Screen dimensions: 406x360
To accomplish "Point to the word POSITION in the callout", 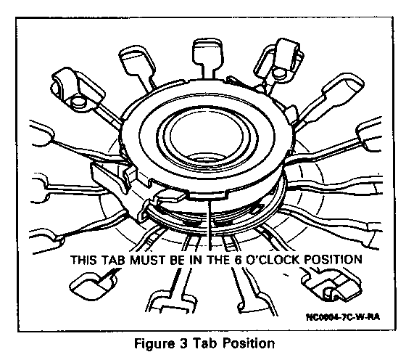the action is point(333,259).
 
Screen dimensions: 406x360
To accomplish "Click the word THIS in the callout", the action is point(83,259).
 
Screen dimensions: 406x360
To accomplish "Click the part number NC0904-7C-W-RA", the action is point(343,316).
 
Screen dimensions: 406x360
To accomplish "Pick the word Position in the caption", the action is point(249,343).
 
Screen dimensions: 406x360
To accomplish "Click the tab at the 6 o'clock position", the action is point(207,195).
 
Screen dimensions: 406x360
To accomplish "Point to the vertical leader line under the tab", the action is point(210,225).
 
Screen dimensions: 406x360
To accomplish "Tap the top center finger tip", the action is point(207,52).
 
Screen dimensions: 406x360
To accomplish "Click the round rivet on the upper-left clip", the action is point(78,102).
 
